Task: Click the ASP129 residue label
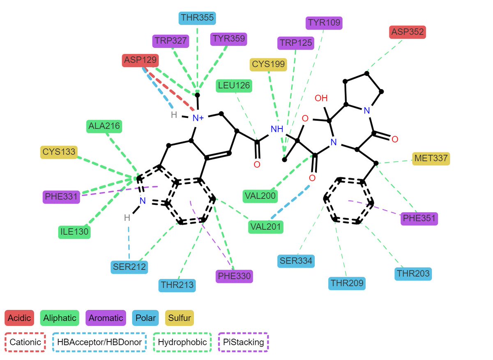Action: [141, 60]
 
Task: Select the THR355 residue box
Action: [197, 18]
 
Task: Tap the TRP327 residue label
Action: [171, 41]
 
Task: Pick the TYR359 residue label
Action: [229, 39]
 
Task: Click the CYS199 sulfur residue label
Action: [268, 64]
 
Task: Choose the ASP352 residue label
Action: [408, 32]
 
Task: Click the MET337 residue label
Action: [431, 158]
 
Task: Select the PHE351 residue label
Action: [419, 218]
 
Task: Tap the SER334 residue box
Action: [296, 261]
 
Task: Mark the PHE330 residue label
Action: [234, 276]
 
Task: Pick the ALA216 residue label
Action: [104, 126]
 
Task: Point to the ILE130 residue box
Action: [74, 232]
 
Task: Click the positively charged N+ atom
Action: [198, 118]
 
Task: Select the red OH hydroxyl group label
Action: [321, 98]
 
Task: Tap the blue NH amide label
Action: [277, 129]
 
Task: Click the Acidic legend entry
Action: [19, 318]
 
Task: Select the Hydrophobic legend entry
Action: [182, 342]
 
